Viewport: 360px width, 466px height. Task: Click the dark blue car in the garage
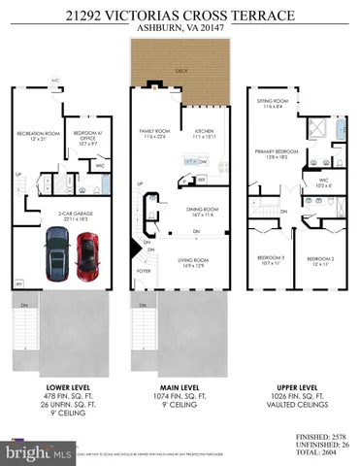55,257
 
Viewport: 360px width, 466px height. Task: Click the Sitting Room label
269,102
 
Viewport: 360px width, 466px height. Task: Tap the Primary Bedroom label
272,152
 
